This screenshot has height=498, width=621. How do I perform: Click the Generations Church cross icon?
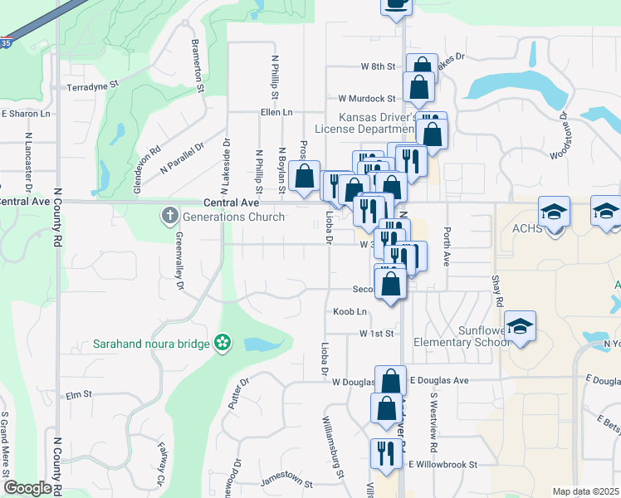click(x=169, y=217)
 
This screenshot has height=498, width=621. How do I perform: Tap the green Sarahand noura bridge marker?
click(x=222, y=342)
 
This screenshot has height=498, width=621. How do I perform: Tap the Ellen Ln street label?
click(x=276, y=112)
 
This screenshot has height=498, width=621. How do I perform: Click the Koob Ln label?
click(x=350, y=311)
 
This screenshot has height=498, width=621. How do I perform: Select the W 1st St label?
click(x=374, y=333)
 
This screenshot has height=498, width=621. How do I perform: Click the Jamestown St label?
click(x=286, y=482)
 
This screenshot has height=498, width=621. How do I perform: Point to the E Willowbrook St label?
click(x=443, y=465)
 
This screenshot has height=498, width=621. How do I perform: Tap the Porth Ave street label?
click(x=446, y=247)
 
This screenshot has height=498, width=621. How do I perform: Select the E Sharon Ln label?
click(x=26, y=114)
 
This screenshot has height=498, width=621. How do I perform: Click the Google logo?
click(x=27, y=488)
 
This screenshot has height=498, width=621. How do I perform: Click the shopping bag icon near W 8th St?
click(x=422, y=66)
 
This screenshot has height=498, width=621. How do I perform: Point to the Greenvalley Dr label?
click(x=179, y=261)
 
